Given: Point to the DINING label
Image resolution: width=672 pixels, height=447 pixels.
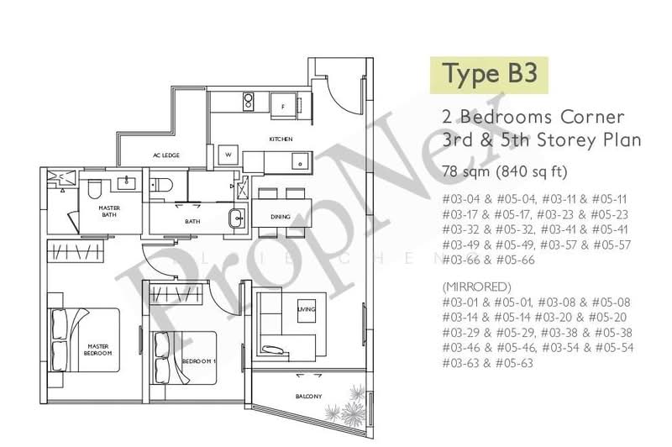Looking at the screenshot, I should (281, 217).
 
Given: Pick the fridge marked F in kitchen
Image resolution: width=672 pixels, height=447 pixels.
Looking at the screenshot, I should (284, 106).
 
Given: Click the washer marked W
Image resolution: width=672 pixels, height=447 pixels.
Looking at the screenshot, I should (227, 155).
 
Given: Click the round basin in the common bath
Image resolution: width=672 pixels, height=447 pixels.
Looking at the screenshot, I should (236, 218).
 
